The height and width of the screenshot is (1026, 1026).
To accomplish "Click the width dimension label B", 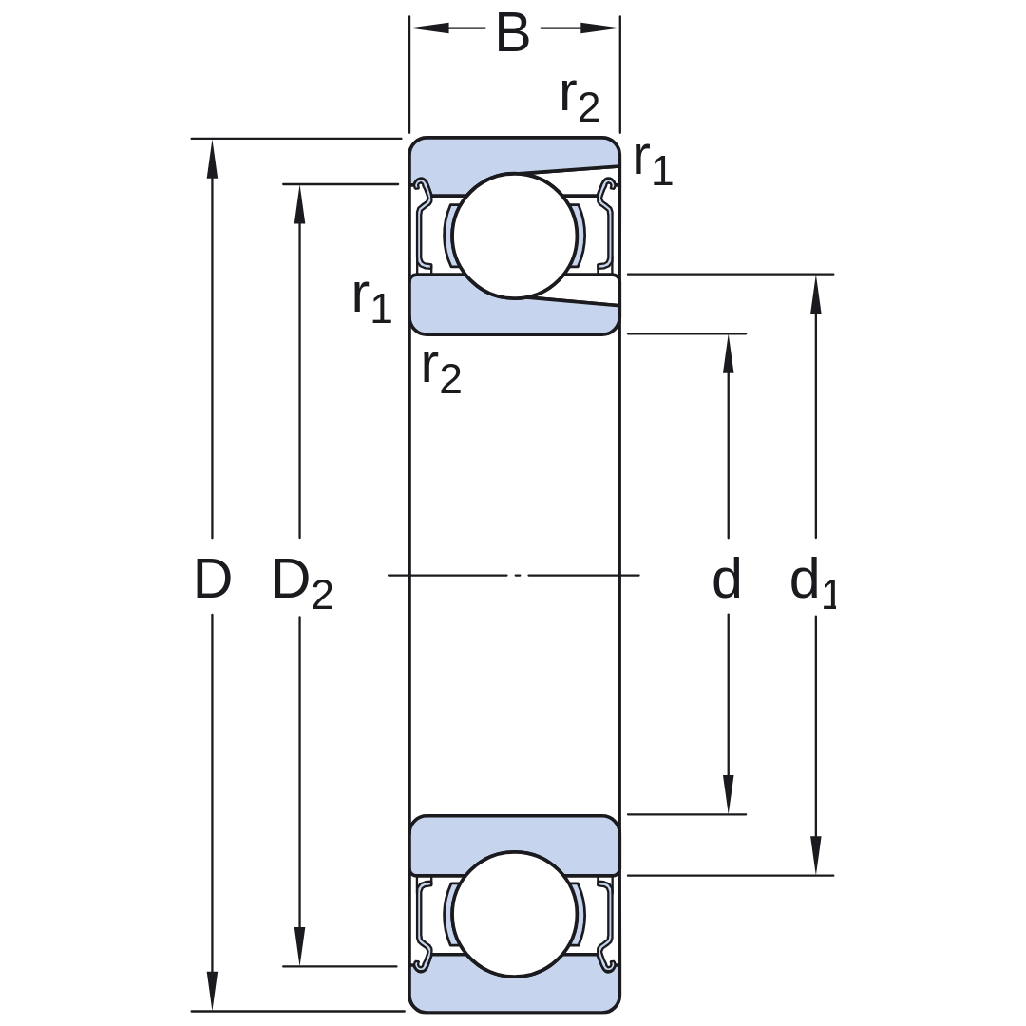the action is click(512, 32).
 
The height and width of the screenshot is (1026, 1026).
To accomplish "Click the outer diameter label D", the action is click(213, 579).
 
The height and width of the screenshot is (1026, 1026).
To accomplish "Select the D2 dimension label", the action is click(302, 582).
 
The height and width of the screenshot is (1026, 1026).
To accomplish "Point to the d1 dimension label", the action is click(813, 582).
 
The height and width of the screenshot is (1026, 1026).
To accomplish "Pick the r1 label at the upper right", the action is click(653, 163).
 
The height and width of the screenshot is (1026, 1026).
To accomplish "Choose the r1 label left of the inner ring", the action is click(371, 300).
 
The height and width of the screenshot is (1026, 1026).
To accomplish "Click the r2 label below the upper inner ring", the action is click(442, 371).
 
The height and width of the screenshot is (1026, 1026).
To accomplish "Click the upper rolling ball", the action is click(515, 236).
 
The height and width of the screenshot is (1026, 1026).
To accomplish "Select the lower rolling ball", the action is click(514, 914).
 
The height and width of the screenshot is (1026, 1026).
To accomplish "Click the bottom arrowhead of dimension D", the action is click(211, 991).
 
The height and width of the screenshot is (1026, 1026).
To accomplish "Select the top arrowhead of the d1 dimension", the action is click(815, 295).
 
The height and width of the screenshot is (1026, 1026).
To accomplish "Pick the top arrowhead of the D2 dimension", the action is click(299, 205).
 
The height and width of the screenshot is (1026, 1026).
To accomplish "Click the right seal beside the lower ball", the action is click(607, 924).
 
